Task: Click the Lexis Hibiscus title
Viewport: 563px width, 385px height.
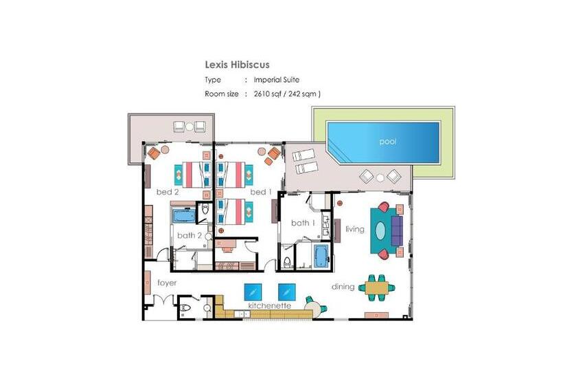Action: point(237,65)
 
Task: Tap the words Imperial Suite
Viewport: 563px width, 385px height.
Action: point(277,80)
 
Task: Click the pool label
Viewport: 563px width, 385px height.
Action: point(388,142)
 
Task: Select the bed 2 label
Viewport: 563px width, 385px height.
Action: point(168,192)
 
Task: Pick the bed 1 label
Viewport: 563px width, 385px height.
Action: point(261,192)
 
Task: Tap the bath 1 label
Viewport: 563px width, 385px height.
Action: point(303,223)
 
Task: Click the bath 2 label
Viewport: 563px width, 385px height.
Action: point(189,235)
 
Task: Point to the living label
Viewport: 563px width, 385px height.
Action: point(355,229)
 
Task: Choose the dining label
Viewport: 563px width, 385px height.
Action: point(343,287)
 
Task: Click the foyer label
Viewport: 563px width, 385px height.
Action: point(167,283)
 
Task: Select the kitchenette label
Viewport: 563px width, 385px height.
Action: point(270,305)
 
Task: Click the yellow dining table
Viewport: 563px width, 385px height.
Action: point(377,287)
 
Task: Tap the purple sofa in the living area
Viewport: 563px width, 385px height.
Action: point(397,230)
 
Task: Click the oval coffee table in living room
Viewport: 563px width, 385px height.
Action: point(380,230)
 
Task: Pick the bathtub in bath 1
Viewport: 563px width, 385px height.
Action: point(321,256)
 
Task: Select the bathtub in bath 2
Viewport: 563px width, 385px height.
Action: point(184,216)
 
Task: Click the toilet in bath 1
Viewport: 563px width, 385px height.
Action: point(287,263)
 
